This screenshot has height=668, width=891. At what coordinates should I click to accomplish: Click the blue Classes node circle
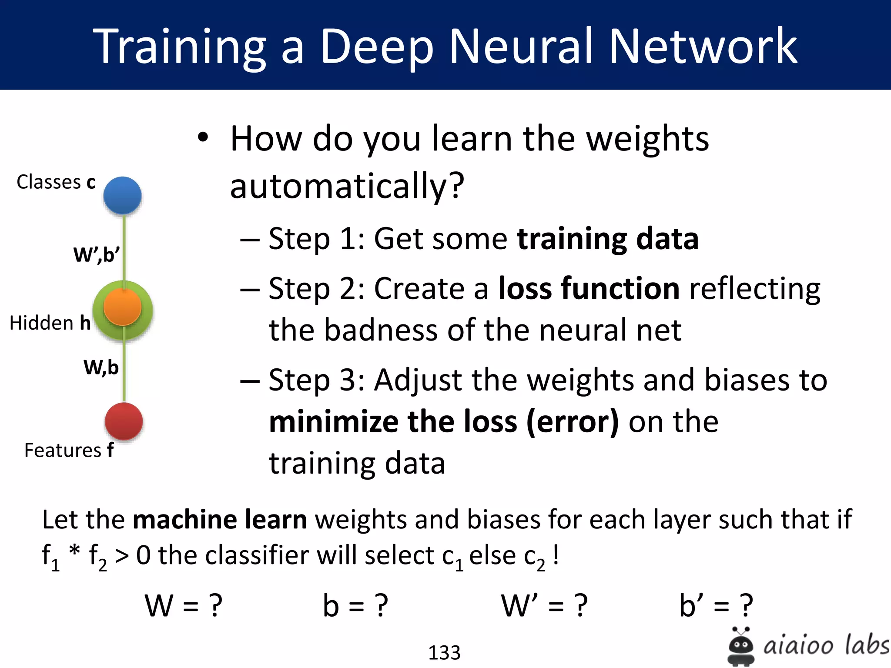click(x=122, y=195)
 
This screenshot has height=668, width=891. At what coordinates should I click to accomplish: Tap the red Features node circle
click(x=124, y=421)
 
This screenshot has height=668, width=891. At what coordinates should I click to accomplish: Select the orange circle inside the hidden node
click(x=123, y=307)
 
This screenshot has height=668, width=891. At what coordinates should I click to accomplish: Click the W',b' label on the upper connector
click(x=96, y=254)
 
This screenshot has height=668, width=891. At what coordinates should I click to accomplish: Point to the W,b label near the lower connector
click(x=101, y=367)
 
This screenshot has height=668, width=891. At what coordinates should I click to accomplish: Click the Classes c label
click(x=56, y=182)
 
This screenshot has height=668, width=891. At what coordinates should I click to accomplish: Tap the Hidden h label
click(x=50, y=323)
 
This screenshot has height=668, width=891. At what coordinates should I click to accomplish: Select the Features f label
click(x=69, y=450)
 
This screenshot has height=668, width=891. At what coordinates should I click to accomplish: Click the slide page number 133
click(x=444, y=652)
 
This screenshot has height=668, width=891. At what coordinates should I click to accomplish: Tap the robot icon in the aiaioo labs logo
click(x=740, y=646)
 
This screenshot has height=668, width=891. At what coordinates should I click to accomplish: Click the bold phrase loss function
click(x=589, y=288)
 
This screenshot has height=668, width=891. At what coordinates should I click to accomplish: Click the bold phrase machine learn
click(x=220, y=519)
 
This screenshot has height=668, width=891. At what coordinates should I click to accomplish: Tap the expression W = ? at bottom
click(x=184, y=605)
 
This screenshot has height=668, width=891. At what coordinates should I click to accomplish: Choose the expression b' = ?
click(x=716, y=605)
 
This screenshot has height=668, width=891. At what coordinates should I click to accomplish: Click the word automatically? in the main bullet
click(x=347, y=186)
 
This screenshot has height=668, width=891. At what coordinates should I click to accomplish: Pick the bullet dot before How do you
click(x=203, y=138)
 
